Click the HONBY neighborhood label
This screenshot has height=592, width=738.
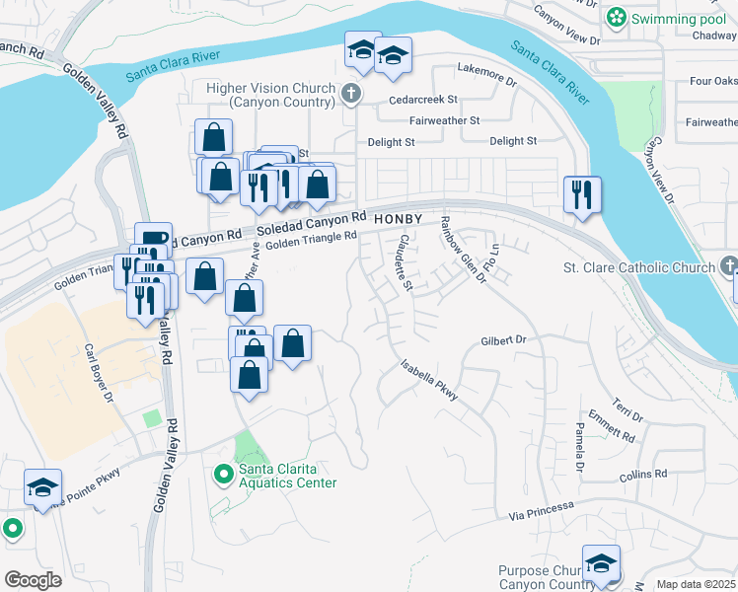click(x=400, y=218)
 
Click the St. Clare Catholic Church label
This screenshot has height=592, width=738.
click(x=637, y=267)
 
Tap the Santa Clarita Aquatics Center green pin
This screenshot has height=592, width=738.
click(x=224, y=475)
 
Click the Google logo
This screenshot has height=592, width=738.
click(x=33, y=580)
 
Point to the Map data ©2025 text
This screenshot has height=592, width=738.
click(x=696, y=584)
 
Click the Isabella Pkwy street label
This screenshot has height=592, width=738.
click(x=429, y=379)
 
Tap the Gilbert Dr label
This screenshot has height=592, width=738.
click(x=505, y=340)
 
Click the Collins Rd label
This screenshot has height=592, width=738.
click(x=646, y=475)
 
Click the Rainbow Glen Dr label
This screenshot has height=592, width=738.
click(x=464, y=249)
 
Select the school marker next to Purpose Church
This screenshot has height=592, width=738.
click(x=601, y=563)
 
